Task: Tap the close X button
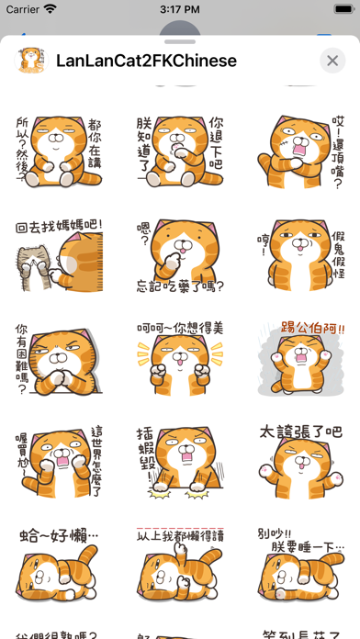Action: [x=332, y=61]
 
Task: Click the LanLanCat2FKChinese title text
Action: [x=147, y=61]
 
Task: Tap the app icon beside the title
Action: [x=30, y=61]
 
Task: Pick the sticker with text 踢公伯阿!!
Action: [x=301, y=361]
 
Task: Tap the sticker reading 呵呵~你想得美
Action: [x=180, y=361]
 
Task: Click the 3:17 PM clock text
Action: [x=180, y=9]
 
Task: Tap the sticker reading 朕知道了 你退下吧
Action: [x=180, y=147]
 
